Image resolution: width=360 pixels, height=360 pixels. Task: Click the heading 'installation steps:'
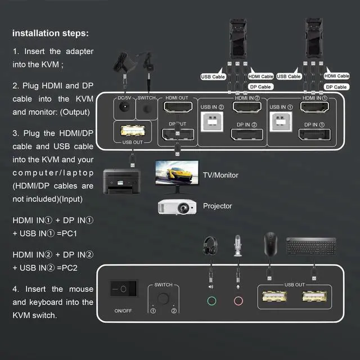(x=50, y=33)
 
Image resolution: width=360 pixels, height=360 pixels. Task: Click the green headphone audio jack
(x=211, y=300)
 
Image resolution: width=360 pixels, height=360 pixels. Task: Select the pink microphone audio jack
(x=238, y=300)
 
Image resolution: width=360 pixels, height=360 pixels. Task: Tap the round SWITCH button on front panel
(x=163, y=298)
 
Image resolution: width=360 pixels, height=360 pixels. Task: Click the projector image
(x=177, y=207)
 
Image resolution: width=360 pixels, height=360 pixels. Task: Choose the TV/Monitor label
(x=220, y=175)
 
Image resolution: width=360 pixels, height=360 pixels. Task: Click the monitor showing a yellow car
(x=175, y=171)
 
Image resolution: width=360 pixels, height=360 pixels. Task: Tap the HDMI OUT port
(x=177, y=107)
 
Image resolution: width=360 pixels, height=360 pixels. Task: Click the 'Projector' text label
(x=217, y=206)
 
